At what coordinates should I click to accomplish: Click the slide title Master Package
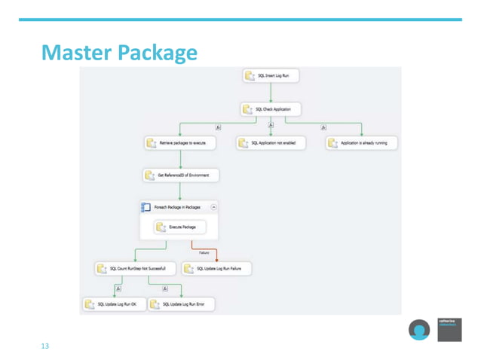pyautogui.click(x=119, y=53)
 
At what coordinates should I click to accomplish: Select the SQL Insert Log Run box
pyautogui.click(x=271, y=76)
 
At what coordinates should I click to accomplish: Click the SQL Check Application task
pyautogui.click(x=271, y=109)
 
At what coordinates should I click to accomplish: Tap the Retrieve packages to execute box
pyautogui.click(x=181, y=142)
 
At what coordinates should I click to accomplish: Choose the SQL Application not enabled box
pyautogui.click(x=271, y=142)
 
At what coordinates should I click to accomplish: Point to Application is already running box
pyautogui.click(x=362, y=142)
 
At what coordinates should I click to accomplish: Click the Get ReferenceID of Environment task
pyautogui.click(x=181, y=175)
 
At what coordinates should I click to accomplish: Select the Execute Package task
pyautogui.click(x=181, y=226)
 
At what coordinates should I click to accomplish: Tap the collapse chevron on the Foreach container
pyautogui.click(x=214, y=206)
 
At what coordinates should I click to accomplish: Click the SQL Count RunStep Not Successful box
pyautogui.click(x=136, y=268)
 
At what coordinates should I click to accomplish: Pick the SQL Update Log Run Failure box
pyautogui.click(x=217, y=268)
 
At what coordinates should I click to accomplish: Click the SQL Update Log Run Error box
pyautogui.click(x=182, y=304)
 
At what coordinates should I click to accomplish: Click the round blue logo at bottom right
pyautogui.click(x=419, y=331)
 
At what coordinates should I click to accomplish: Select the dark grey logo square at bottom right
pyautogui.click(x=449, y=329)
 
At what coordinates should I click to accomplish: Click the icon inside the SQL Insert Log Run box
pyautogui.click(x=251, y=76)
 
